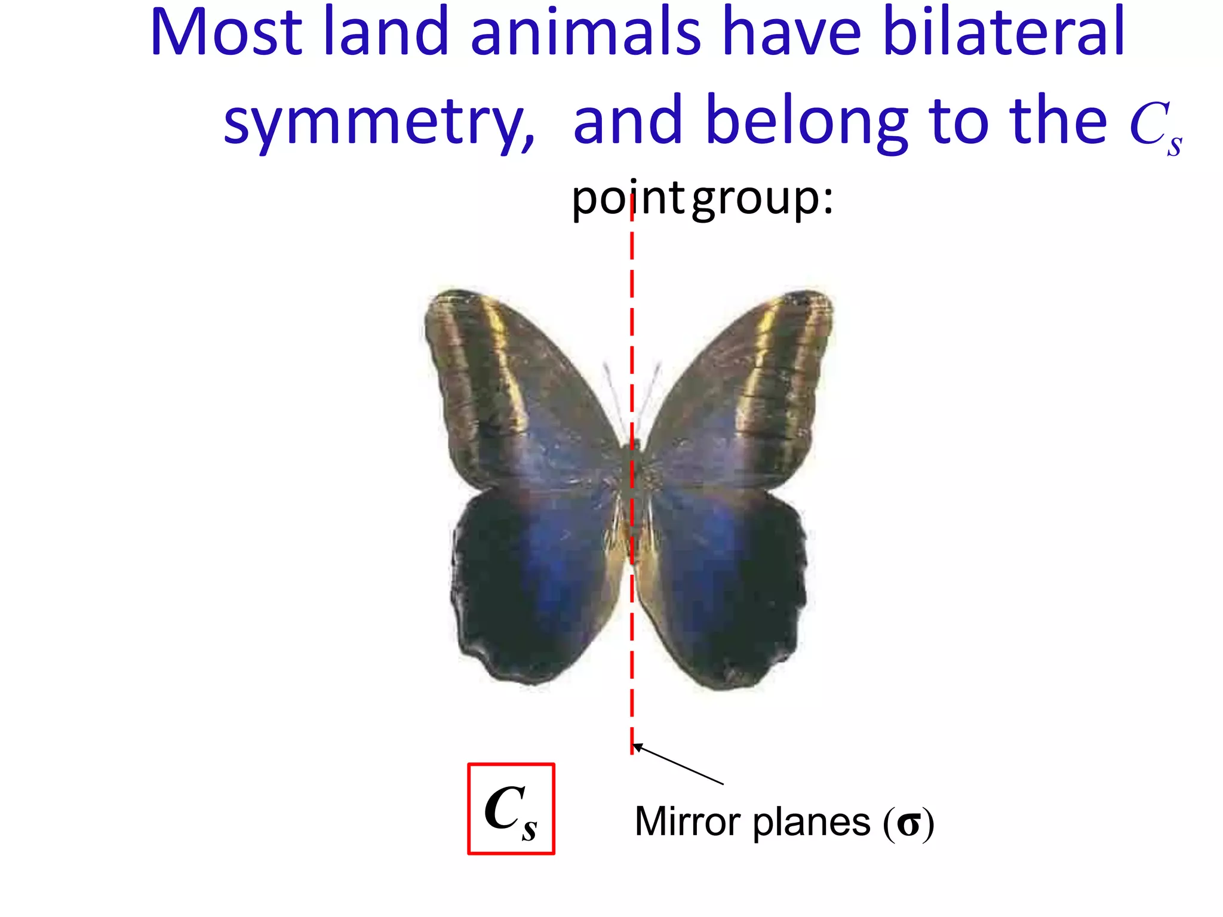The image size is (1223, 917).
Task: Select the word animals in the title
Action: [x=585, y=33]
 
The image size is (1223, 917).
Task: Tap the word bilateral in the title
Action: [x=1003, y=33]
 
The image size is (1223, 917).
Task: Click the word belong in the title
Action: [x=806, y=122]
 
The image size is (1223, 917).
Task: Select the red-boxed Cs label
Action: [x=511, y=810]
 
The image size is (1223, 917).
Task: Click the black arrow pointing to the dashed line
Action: [x=678, y=764]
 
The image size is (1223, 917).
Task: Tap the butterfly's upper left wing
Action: [x=514, y=394]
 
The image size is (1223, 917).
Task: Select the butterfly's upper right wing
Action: [x=746, y=394]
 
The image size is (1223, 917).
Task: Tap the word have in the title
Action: [x=791, y=33]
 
